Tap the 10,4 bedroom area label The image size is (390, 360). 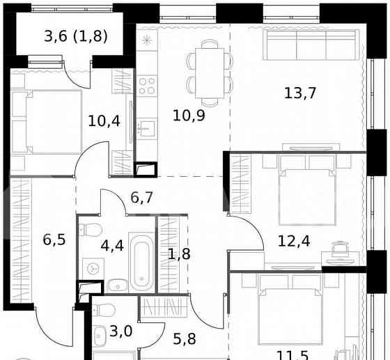pos(104,120)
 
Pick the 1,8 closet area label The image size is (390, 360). pos(178,253)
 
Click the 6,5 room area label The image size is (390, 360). pos(55,241)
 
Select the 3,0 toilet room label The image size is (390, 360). pos(120,330)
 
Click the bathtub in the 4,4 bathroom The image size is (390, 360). pos(141,264)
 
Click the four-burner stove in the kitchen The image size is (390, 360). pos(146,86)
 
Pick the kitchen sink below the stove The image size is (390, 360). pos(146,128)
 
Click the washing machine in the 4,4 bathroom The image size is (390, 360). pos(92,268)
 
